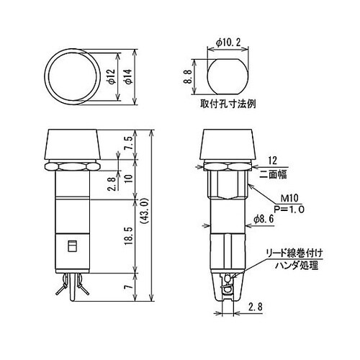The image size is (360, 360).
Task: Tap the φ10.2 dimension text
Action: click(229, 42)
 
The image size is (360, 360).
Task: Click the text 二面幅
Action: click(279, 174)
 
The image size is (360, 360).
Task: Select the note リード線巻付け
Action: click(294, 253)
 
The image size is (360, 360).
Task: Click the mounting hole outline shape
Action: click(229, 75)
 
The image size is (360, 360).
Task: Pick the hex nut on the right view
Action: click(228, 166)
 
